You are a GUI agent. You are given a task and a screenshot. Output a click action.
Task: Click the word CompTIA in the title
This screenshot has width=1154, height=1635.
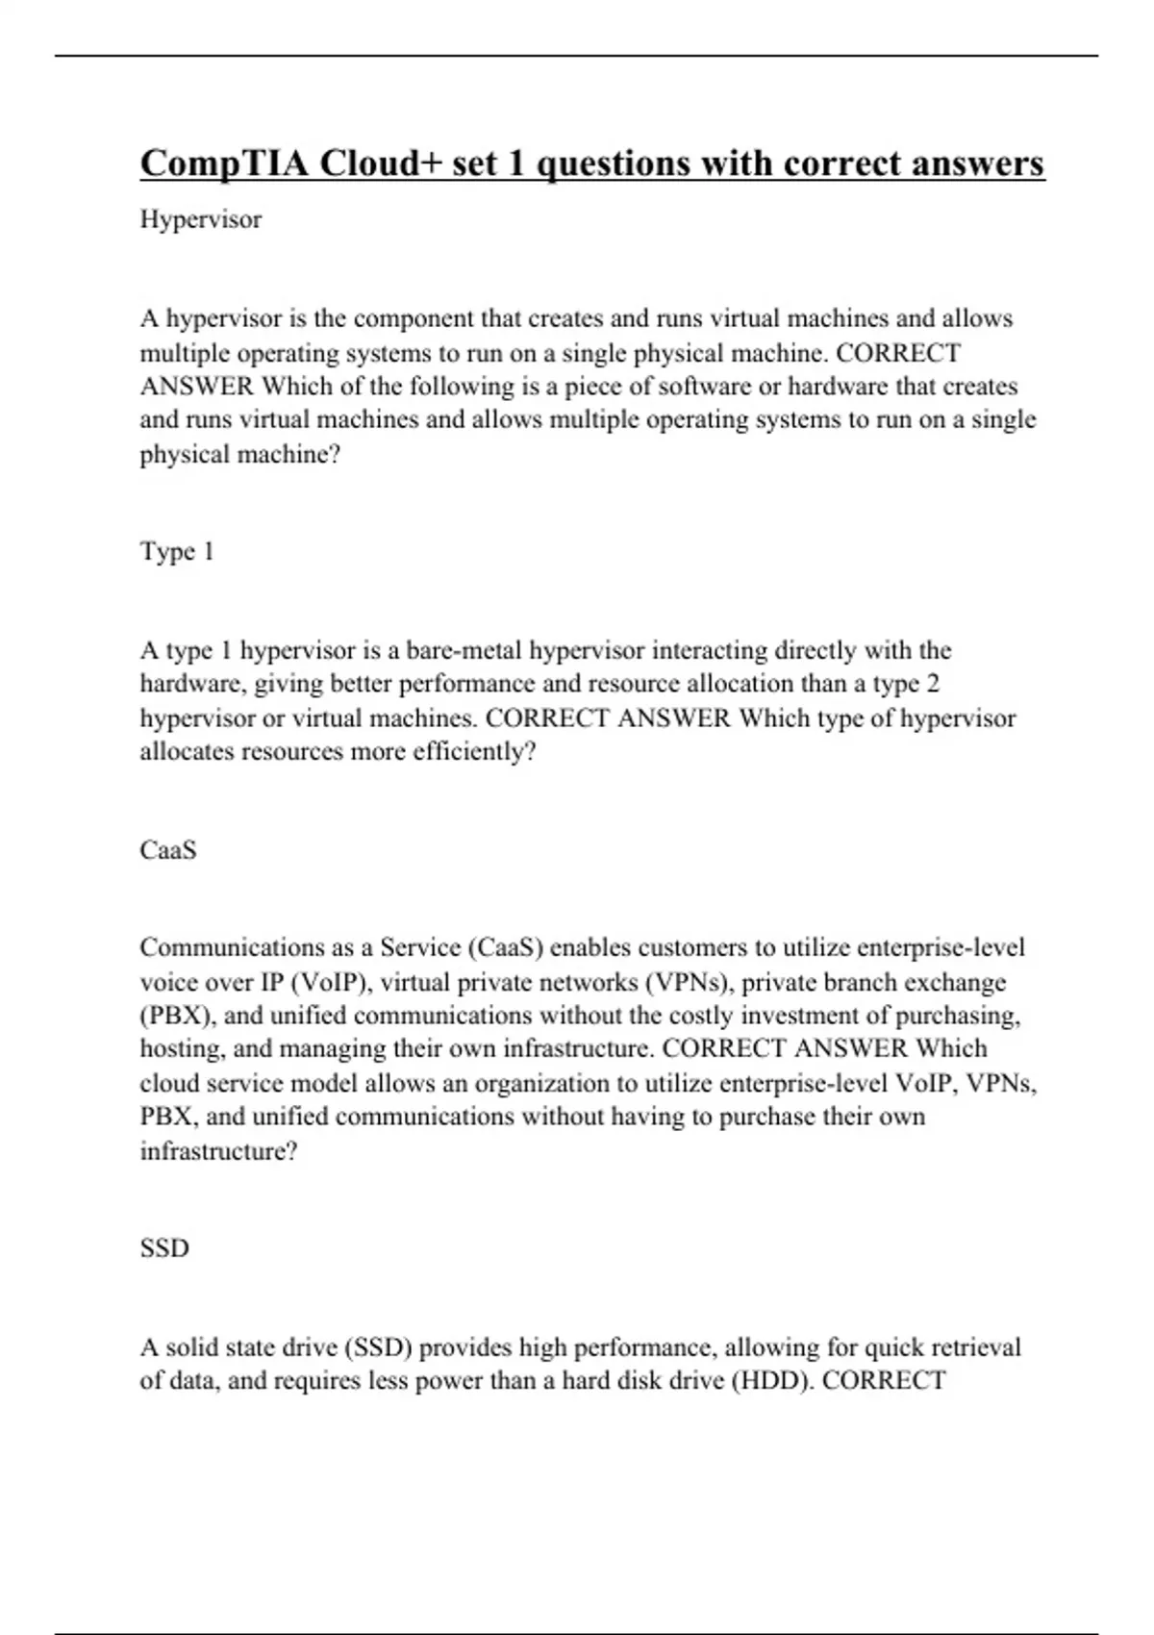pos(224,164)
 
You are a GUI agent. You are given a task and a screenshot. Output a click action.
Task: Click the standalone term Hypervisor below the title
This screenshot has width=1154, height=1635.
pos(200,220)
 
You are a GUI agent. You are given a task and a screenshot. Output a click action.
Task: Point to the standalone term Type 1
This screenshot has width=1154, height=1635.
pos(177,552)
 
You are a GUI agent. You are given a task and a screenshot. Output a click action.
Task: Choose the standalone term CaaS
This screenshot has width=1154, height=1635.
pos(168,850)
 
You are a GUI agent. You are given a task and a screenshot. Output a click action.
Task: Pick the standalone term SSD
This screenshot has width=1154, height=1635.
pos(164,1248)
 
